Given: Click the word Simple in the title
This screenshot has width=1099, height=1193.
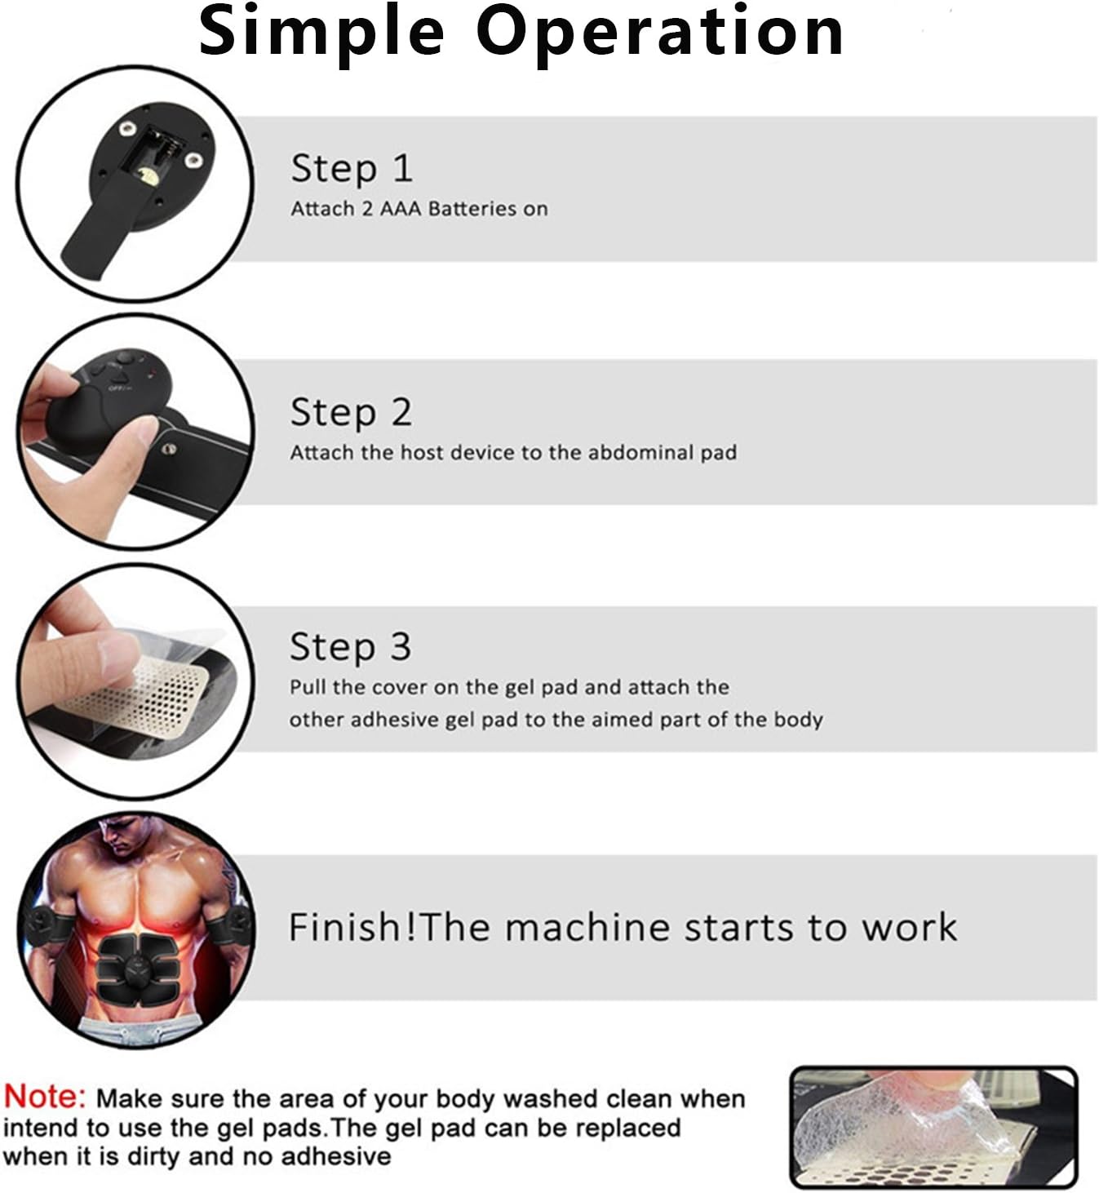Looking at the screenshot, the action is click(321, 33).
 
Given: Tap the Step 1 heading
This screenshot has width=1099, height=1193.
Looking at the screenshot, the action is click(352, 168).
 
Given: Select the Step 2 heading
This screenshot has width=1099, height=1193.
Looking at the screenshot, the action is click(351, 412).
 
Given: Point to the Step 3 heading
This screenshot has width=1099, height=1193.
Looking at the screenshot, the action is click(350, 646).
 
